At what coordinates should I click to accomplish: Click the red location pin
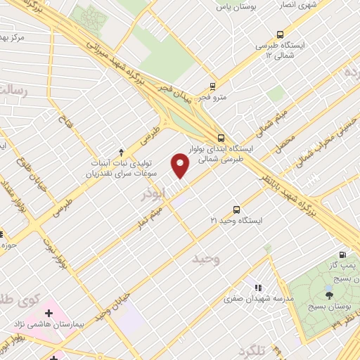point(181,165)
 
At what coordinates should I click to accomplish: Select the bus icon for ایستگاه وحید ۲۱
point(236,210)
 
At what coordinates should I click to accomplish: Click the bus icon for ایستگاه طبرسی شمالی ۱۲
point(281,34)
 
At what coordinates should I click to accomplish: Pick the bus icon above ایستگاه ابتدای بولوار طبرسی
point(221,138)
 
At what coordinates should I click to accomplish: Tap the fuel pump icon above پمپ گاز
point(342,255)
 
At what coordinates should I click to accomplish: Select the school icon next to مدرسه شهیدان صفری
point(258,288)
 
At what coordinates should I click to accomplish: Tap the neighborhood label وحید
point(206,259)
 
